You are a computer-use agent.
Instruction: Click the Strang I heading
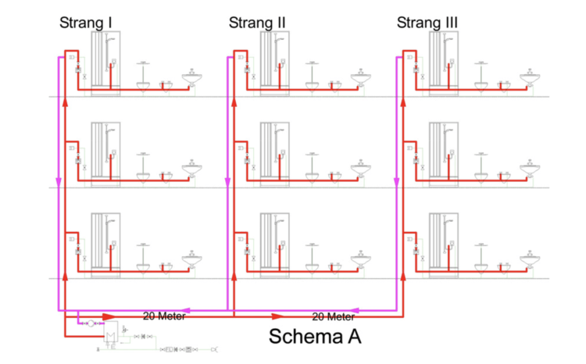point(86,23)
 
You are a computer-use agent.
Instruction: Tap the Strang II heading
point(257,23)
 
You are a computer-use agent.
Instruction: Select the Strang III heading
point(427,23)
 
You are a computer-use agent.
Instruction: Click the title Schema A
point(315,337)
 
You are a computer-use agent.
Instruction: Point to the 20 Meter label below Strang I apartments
point(164,316)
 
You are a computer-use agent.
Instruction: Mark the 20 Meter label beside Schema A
point(334,317)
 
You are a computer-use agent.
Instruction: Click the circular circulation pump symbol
point(91,323)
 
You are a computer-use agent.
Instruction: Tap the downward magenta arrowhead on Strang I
point(59,182)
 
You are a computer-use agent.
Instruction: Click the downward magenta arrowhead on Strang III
point(396,182)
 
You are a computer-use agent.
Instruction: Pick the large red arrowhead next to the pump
point(109,317)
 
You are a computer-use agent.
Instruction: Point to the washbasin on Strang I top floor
point(192,78)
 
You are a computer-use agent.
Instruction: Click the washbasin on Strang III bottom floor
point(530,260)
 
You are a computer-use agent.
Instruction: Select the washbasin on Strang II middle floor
point(361,169)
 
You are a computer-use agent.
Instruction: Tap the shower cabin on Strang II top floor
point(275,63)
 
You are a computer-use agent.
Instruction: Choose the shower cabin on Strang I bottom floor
point(105,245)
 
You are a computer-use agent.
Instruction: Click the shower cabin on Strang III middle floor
point(444,155)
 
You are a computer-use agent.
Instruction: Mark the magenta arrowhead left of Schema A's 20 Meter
point(354,310)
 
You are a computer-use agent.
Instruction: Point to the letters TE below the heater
point(111,347)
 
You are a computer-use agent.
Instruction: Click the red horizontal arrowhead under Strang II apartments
point(278,317)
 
